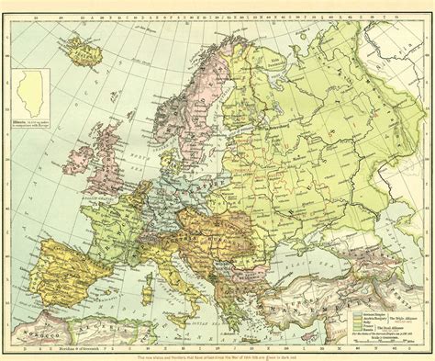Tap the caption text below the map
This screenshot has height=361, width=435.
coord(220,355)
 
